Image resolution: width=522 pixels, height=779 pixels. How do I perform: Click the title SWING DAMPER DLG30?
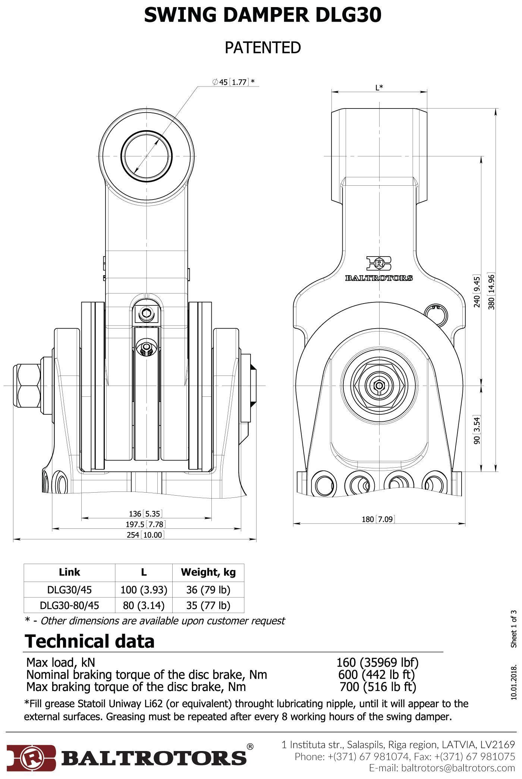(262, 16)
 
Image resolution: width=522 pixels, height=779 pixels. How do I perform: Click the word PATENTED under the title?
(262, 48)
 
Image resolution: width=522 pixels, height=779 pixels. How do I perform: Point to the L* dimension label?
(379, 88)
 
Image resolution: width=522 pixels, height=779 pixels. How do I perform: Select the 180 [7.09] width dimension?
(378, 519)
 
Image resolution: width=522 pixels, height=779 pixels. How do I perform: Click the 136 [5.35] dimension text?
(145, 514)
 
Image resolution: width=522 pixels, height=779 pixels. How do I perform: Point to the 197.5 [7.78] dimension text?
(145, 524)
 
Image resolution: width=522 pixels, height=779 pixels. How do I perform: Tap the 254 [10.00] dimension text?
(145, 535)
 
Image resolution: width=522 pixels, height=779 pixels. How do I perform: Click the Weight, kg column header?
(208, 572)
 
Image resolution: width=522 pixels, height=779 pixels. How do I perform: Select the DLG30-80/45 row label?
(69, 605)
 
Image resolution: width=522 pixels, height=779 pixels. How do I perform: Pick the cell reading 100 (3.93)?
(144, 590)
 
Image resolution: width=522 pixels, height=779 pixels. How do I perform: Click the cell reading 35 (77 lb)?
(208, 605)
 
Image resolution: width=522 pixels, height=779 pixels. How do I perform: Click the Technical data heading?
(89, 641)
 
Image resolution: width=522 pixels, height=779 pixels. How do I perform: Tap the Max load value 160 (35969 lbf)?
(377, 662)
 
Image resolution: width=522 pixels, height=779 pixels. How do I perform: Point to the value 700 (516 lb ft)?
(377, 687)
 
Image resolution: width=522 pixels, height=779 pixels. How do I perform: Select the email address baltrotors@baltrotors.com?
(457, 768)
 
